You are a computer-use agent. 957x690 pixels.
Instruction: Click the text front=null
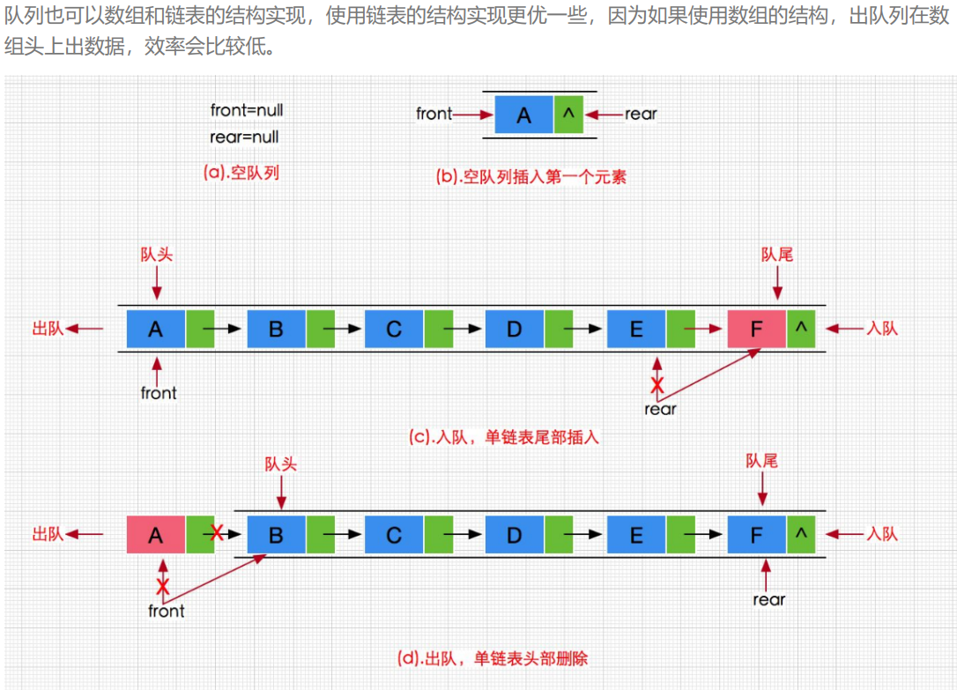tap(246, 111)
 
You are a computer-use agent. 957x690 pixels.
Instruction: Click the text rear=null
tap(244, 137)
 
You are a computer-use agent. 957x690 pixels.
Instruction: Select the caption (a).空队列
tap(241, 173)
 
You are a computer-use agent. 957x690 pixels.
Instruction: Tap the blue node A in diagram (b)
tap(524, 115)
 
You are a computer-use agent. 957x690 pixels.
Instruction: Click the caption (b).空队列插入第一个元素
tap(531, 175)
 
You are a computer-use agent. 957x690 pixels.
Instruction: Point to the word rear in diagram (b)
tap(641, 114)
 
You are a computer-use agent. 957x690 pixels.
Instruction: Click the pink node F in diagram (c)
tap(756, 329)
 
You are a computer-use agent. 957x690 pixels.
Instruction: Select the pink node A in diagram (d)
tap(156, 535)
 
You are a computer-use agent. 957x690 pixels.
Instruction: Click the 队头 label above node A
tap(157, 255)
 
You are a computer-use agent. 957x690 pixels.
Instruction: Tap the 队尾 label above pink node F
tap(776, 255)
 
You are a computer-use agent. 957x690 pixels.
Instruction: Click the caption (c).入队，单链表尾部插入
tap(504, 436)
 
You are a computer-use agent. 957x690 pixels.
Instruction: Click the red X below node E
tap(656, 385)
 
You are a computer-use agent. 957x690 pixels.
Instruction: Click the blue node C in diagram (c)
tap(393, 329)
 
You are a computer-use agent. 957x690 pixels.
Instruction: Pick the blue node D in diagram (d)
tap(514, 535)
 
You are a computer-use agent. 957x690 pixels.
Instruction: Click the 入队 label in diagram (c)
tap(881, 329)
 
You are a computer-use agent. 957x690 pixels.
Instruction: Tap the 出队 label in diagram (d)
tap(48, 534)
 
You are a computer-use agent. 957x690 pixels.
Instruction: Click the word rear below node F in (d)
tap(768, 600)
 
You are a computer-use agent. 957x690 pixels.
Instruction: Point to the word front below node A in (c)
tap(159, 393)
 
